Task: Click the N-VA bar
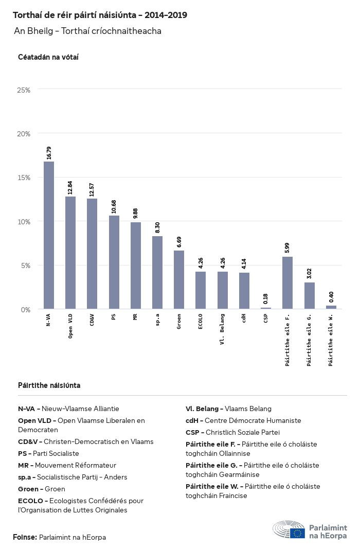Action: [49, 235]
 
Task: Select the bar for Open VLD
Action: [70, 253]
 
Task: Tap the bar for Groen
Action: [179, 280]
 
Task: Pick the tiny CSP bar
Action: [266, 308]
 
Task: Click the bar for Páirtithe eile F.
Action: [287, 283]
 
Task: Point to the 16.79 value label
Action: [49, 153]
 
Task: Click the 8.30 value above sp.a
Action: [158, 228]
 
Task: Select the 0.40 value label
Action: [331, 297]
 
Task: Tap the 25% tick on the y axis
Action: [24, 90]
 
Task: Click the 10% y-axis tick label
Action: [24, 222]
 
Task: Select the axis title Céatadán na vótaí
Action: [48, 57]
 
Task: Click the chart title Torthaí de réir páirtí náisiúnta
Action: [100, 15]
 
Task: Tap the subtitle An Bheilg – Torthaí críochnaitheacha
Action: [88, 31]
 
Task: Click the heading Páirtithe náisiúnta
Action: [49, 385]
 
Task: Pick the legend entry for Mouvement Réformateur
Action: [67, 465]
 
